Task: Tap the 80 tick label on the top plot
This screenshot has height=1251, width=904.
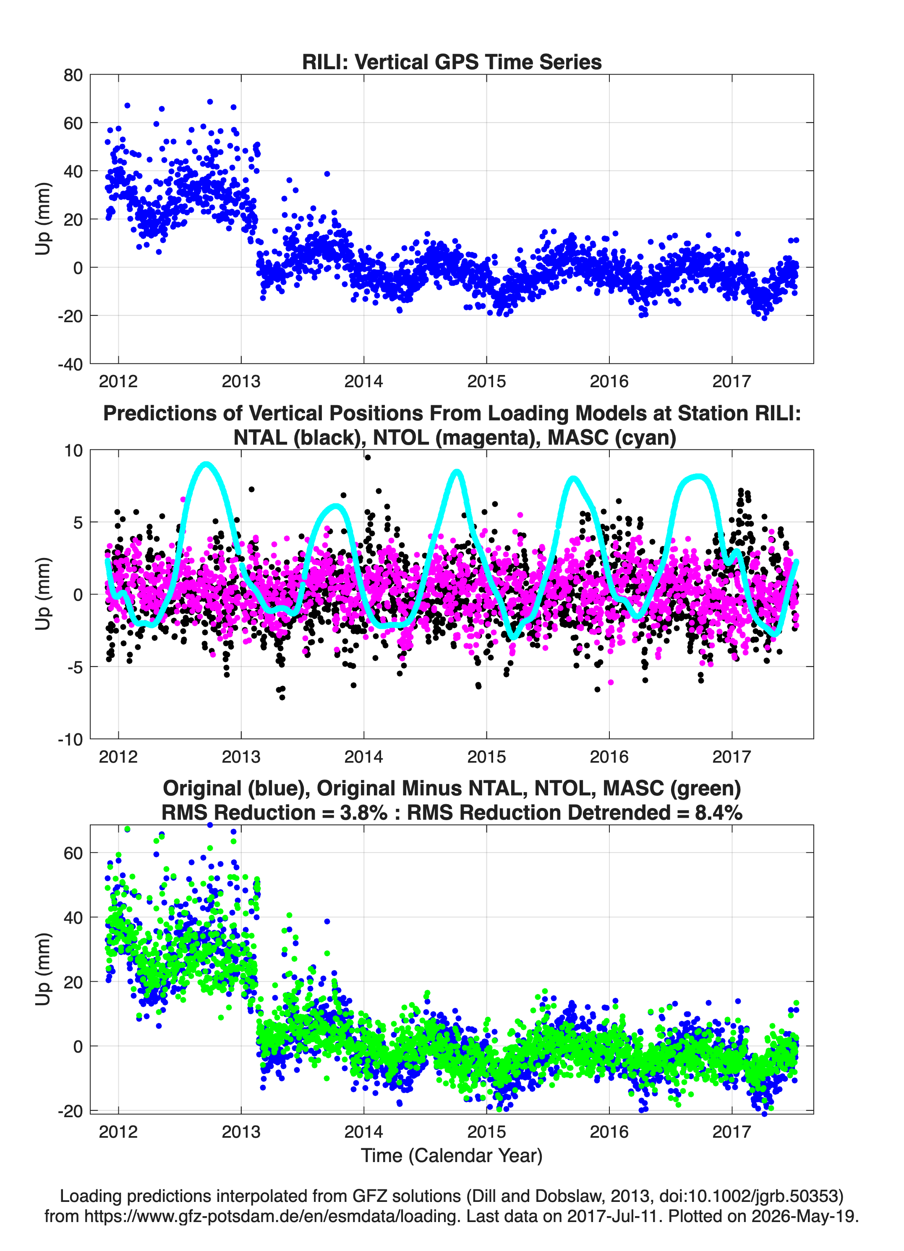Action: pos(73,75)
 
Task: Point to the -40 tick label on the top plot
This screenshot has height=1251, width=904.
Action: pos(70,365)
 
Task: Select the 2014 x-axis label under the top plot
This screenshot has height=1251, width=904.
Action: pos(364,381)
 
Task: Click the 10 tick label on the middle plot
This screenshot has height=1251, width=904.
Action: pos(73,451)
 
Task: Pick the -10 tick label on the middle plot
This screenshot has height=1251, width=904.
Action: pos(70,740)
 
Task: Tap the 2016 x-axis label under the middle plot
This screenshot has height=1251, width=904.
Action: pos(609,756)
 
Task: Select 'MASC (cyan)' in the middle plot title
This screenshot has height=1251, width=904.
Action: pos(612,438)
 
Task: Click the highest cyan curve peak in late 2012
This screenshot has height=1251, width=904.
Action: pos(206,464)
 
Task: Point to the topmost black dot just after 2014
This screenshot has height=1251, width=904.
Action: pos(368,457)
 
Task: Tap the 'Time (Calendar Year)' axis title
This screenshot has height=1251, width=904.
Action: pos(452,1156)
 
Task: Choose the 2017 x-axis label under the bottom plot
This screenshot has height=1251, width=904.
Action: pos(732,1131)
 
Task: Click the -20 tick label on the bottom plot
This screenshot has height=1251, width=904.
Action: pos(70,1111)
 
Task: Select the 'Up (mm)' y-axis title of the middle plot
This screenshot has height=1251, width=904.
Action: pos(43,594)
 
